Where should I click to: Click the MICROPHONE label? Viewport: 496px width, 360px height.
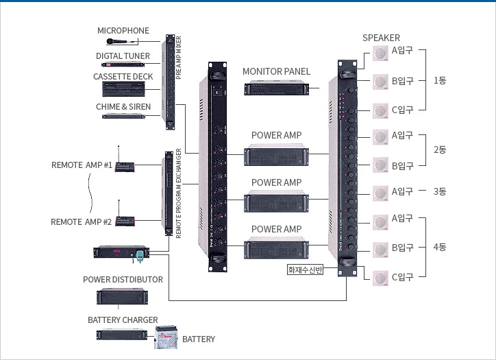(x=123, y=31)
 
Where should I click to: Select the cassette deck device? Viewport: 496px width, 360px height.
(x=123, y=88)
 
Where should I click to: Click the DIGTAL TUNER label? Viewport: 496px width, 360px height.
(x=123, y=56)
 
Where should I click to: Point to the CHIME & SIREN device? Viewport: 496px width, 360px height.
(x=123, y=116)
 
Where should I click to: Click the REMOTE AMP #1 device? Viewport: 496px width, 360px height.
(x=125, y=167)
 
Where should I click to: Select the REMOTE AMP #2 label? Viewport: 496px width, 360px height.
(x=81, y=221)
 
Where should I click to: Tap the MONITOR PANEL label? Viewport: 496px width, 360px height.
(x=276, y=71)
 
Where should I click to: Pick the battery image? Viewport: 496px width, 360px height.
(x=165, y=337)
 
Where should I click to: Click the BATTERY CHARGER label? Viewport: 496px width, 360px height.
(x=123, y=320)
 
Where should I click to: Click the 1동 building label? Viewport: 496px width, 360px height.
(x=440, y=80)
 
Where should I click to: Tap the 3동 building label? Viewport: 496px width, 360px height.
(x=440, y=191)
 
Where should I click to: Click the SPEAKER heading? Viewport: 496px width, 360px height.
(x=381, y=38)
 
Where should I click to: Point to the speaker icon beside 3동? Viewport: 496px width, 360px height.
(x=381, y=193)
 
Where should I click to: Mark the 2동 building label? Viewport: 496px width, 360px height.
(x=440, y=150)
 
